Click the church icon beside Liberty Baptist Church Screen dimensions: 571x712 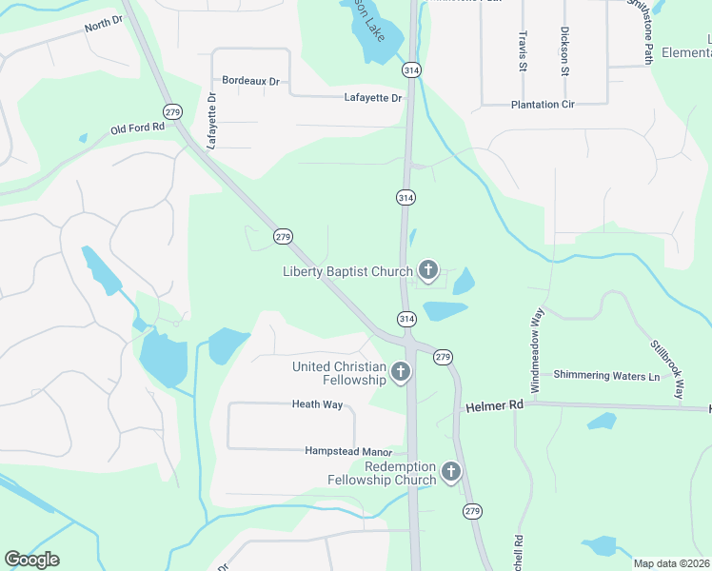tap(428, 270)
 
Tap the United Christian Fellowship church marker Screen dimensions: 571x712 tap(401, 372)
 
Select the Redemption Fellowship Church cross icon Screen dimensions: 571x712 tap(450, 471)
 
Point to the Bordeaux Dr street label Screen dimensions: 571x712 tap(250, 81)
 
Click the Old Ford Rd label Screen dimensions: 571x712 tap(138, 128)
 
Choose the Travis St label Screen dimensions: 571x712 tap(523, 49)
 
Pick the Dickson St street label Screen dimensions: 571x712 tap(564, 50)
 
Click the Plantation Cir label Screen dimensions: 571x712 tap(544, 105)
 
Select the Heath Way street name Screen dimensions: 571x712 tap(317, 404)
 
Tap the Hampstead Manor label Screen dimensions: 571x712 tap(348, 451)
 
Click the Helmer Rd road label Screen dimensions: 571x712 tap(495, 406)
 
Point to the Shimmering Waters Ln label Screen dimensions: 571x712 tap(606, 376)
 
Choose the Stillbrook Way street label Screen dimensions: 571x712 tap(667, 368)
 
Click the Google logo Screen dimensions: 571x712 tap(31, 560)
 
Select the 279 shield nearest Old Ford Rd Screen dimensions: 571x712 tap(171, 111)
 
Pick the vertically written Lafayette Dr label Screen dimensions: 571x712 tap(212, 120)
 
